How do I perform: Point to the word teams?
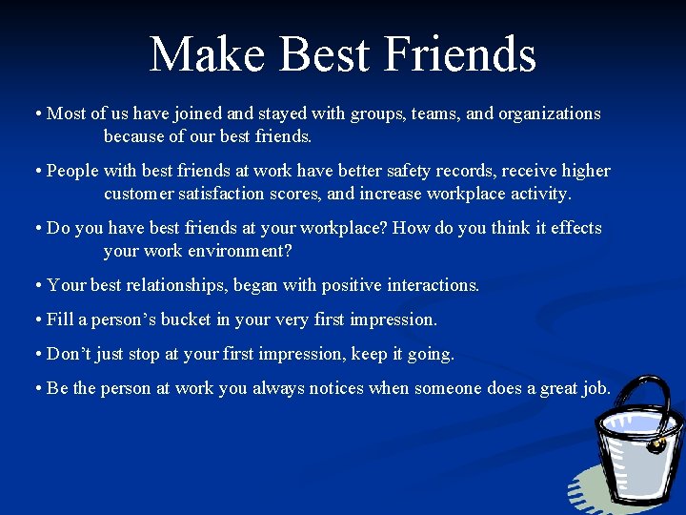(x=435, y=113)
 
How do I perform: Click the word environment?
(x=239, y=251)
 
